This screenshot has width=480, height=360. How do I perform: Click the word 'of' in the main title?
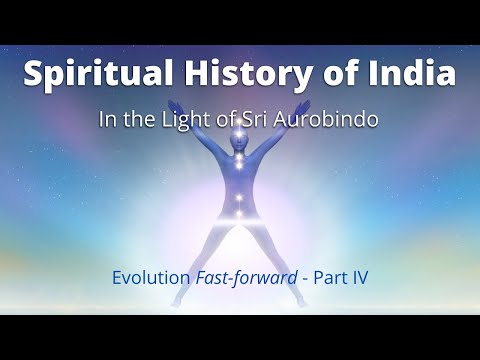tap(339, 74)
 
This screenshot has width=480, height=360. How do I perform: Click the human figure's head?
tap(240, 135)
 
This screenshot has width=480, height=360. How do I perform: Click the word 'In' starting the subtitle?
tap(135, 118)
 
